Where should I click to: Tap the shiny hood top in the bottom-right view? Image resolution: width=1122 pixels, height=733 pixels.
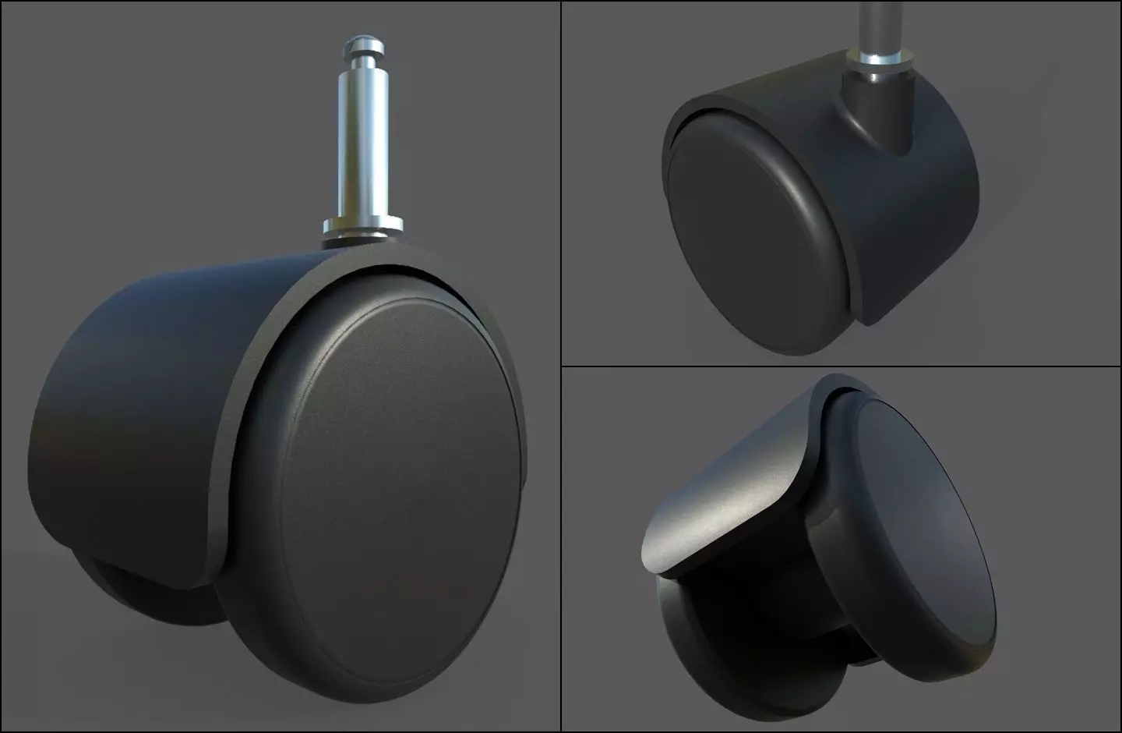[725, 499]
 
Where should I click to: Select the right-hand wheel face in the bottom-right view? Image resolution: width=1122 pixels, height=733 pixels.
[912, 530]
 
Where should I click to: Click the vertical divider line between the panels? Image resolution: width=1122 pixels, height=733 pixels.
[561, 366]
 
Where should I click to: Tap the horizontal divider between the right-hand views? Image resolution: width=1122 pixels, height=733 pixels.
[841, 366]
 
